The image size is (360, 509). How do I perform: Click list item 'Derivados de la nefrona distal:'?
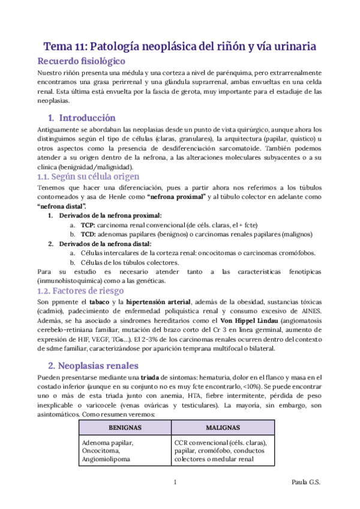click(104, 244)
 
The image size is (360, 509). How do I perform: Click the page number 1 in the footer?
click(174, 482)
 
